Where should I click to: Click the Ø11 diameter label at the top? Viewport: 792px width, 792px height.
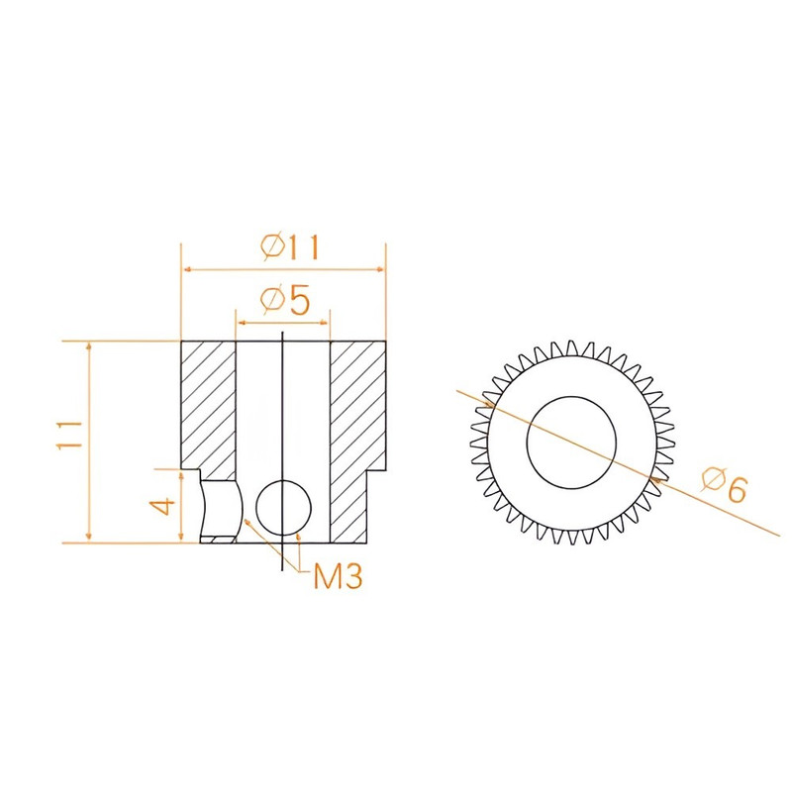tap(291, 247)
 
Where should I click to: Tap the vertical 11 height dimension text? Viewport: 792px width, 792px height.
tap(69, 435)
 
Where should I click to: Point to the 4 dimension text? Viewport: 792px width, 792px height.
tap(164, 505)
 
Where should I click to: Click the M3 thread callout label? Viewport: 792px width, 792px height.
tap(338, 576)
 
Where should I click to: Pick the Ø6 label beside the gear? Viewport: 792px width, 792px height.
tap(724, 484)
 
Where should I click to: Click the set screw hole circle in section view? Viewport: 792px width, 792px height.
tap(283, 507)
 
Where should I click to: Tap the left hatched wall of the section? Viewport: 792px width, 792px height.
tap(208, 409)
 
